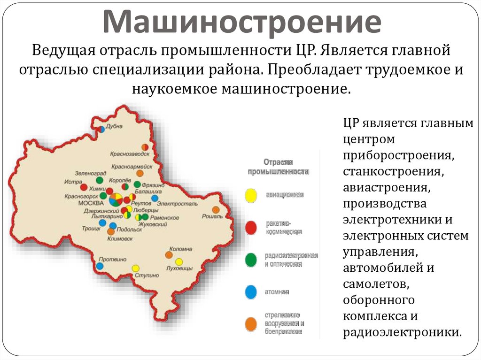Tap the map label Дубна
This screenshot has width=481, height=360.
coord(114,126)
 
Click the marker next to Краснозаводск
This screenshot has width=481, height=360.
coord(145,147)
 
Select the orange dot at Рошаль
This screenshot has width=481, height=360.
coord(216,210)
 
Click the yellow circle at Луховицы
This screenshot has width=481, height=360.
coord(179,261)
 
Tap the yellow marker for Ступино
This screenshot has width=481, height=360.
coord(136,268)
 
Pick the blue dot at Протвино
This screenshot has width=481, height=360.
coord(100,266)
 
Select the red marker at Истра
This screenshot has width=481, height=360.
coord(84,187)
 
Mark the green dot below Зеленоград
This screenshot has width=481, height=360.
coord(99,180)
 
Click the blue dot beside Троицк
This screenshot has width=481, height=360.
coord(102,223)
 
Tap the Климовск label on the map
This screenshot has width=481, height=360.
coord(120,238)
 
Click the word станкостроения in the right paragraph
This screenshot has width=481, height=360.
coord(393,171)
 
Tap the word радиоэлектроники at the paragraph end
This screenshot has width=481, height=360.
coord(402,331)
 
